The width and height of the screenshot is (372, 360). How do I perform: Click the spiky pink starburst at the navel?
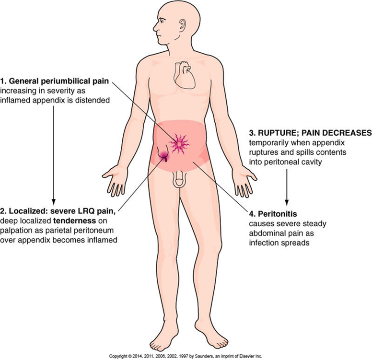179,144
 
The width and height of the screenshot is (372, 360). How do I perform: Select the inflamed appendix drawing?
163,154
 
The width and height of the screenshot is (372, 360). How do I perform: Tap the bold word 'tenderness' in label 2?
74,221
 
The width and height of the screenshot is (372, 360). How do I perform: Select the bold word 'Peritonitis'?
278,214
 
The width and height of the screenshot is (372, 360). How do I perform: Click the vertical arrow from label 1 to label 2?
54,155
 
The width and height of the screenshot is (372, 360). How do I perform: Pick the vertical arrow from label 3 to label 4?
287,187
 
